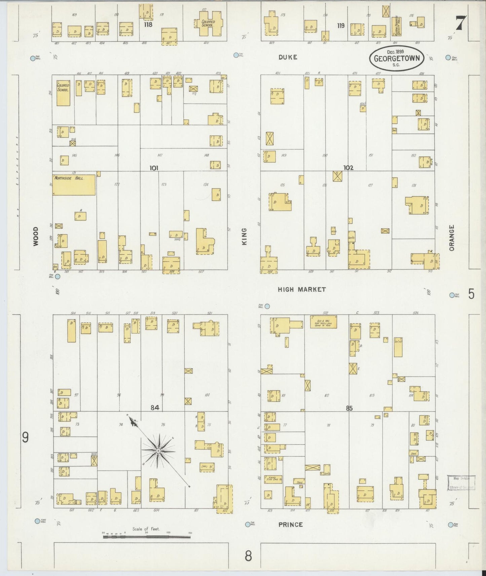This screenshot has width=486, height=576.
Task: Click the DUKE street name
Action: coord(288,57)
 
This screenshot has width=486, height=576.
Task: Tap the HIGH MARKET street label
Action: coord(302,289)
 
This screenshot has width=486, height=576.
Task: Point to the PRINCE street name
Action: coord(290,524)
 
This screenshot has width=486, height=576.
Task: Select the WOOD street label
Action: coord(36,236)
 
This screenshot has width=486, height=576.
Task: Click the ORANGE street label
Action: coord(451,238)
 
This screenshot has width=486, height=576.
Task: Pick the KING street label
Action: coord(244,236)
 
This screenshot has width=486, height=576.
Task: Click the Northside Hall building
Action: coord(74,184)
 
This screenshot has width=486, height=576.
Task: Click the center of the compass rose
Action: coord(158,450)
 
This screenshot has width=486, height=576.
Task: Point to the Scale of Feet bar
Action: coord(147,537)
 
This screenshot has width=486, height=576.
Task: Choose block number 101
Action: coord(154,168)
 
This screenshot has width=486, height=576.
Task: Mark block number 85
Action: coord(348,408)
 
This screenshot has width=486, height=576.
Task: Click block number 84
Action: coord(154,408)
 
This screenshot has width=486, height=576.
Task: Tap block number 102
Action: coord(348,167)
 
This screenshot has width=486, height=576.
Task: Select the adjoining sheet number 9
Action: coord(25,438)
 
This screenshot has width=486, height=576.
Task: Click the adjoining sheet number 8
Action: coord(248,556)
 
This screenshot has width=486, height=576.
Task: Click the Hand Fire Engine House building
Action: coord(273,479)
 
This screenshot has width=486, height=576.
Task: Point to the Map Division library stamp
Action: coord(461,482)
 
